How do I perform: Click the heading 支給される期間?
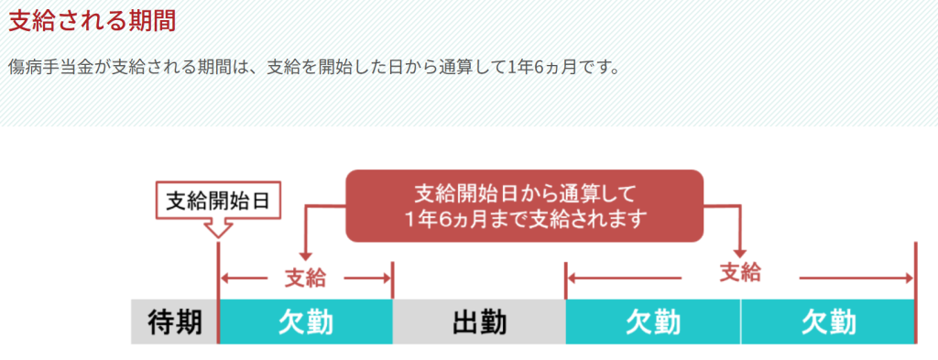pyautogui.click(x=92, y=21)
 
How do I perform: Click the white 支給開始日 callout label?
pyautogui.click(x=218, y=201)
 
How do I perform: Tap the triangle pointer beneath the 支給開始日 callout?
pyautogui.click(x=218, y=229)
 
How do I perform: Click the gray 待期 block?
pyautogui.click(x=174, y=322)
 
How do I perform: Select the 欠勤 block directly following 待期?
pyautogui.click(x=305, y=322)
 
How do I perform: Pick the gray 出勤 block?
pyautogui.click(x=479, y=322)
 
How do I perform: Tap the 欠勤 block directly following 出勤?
pyautogui.click(x=652, y=322)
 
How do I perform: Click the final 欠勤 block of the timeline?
pyautogui.click(x=827, y=322)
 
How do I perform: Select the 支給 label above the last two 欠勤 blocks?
pyautogui.click(x=740, y=273)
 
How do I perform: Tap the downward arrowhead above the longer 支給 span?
pyautogui.click(x=740, y=250)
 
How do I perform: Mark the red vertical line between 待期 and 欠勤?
pyautogui.click(x=219, y=302)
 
